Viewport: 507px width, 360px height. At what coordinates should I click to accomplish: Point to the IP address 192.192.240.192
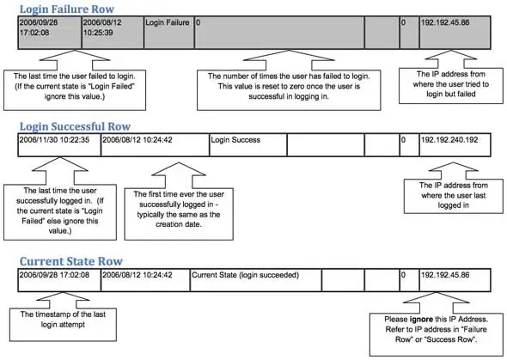(x=451, y=138)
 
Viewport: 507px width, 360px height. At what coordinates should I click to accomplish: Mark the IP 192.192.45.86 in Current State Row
(x=445, y=275)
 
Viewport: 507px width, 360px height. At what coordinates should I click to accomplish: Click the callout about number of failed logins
(x=283, y=86)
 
